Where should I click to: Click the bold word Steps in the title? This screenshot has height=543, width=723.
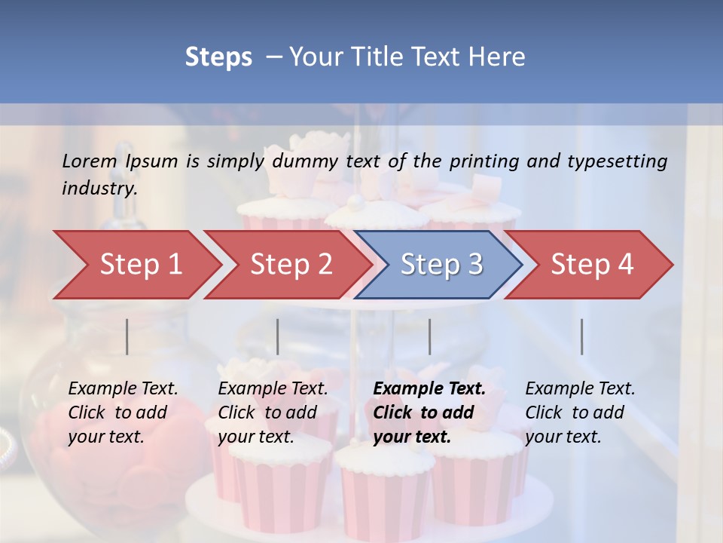pyautogui.click(x=218, y=57)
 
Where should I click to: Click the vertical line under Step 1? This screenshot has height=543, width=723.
pyautogui.click(x=127, y=336)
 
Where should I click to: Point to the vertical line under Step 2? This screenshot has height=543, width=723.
pyautogui.click(x=278, y=336)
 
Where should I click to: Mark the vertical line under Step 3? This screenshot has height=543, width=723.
pyautogui.click(x=429, y=336)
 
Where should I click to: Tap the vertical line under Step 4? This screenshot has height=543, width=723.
pyautogui.click(x=582, y=336)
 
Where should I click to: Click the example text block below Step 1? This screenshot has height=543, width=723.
pyautogui.click(x=123, y=413)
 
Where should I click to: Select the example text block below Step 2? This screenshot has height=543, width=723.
pyautogui.click(x=273, y=413)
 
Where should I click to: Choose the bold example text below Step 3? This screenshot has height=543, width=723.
pyautogui.click(x=429, y=413)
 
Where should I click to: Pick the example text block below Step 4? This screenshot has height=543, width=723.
pyautogui.click(x=580, y=413)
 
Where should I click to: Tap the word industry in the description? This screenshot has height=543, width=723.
pyautogui.click(x=99, y=189)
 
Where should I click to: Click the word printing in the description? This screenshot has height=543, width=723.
pyautogui.click(x=484, y=161)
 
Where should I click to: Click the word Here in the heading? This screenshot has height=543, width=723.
pyautogui.click(x=498, y=57)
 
